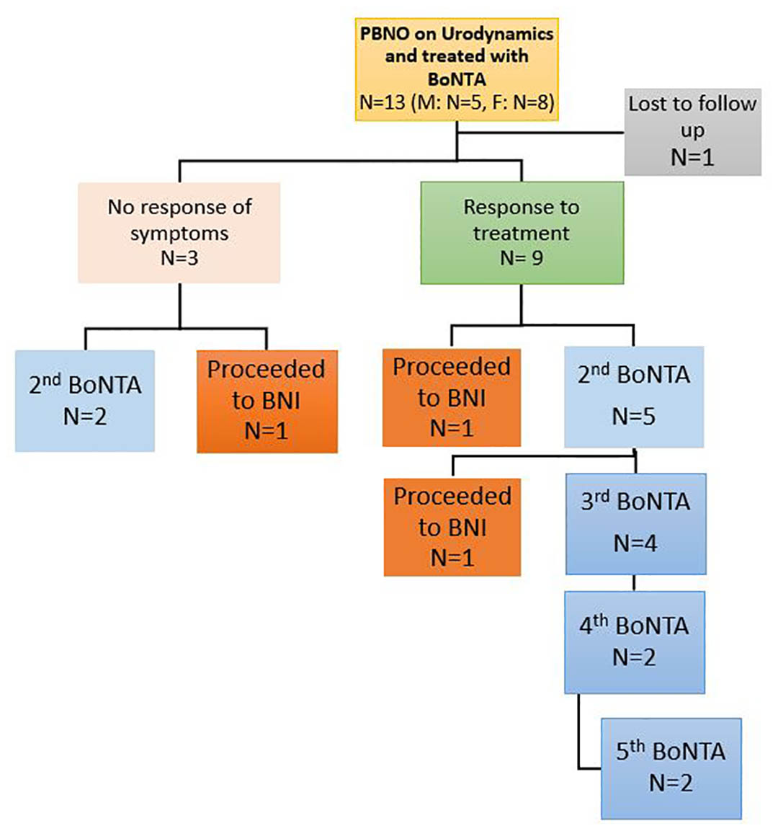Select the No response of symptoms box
point(179,232)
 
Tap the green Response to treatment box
point(522,232)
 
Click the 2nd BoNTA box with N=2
point(85,401)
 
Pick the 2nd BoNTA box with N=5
point(633,396)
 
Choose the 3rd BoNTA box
point(635,523)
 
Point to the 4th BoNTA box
point(634,641)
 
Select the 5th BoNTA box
point(671,768)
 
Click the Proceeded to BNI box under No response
point(267,401)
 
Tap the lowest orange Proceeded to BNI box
point(452,527)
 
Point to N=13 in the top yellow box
point(383,103)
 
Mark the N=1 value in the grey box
point(692,157)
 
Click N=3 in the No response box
point(179,257)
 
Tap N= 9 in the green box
point(522,257)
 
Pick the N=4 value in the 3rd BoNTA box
point(635,543)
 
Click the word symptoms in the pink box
point(179,233)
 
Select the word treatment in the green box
point(522,233)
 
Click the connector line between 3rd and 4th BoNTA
point(634,582)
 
